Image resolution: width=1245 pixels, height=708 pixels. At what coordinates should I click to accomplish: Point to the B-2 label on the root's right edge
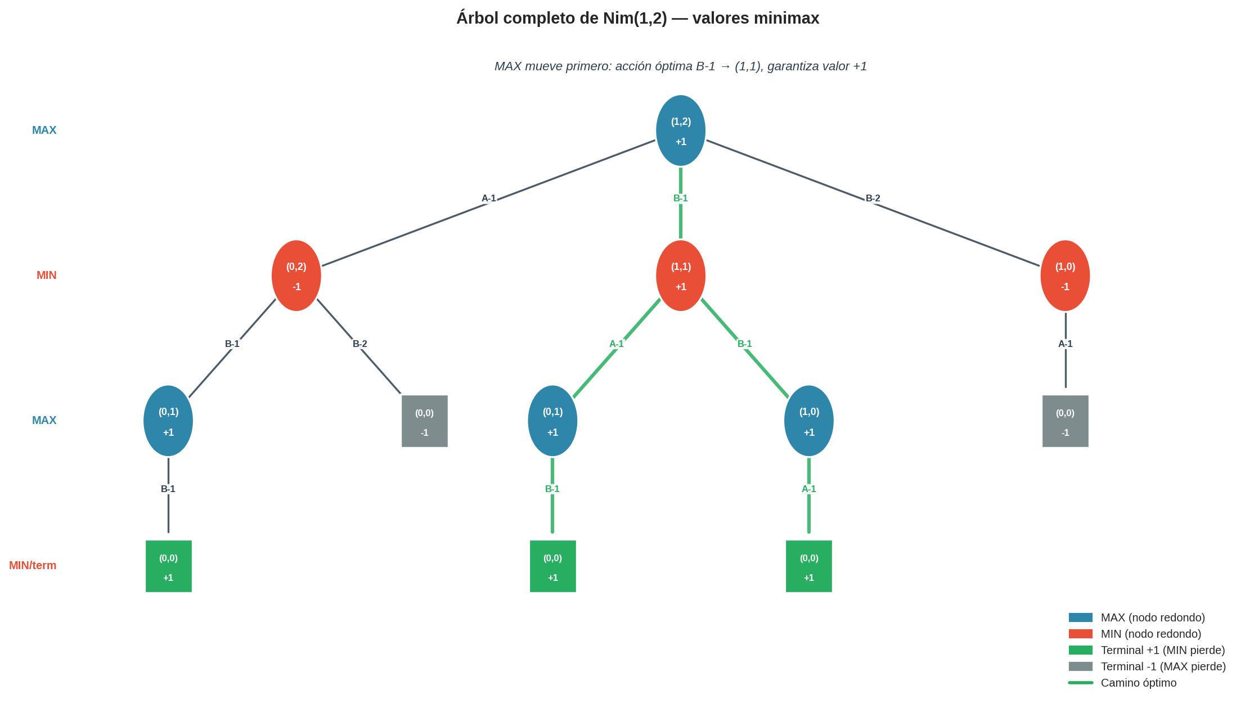(873, 198)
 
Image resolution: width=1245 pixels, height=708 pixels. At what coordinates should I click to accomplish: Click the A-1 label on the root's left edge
(488, 198)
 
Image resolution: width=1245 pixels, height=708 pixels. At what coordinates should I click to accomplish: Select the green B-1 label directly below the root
(680, 198)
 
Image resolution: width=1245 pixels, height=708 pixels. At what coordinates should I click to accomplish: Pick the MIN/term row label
(33, 565)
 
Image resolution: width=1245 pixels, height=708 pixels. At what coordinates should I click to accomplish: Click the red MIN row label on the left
(46, 275)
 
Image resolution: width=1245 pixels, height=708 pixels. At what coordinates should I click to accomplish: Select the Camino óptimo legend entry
(1138, 683)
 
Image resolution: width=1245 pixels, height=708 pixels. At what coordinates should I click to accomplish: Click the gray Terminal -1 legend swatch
(1080, 666)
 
